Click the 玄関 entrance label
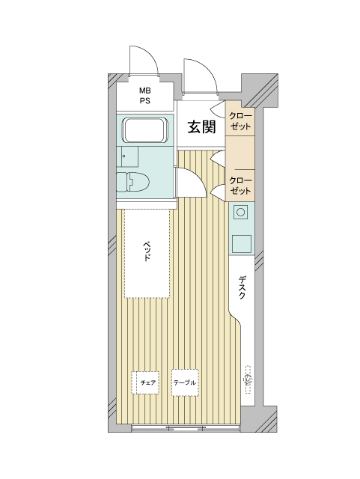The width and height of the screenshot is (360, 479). tap(201, 126)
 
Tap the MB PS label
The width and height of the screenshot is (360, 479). tap(145, 96)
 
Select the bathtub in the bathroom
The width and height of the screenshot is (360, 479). tap(144, 130)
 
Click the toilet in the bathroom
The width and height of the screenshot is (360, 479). tap(132, 182)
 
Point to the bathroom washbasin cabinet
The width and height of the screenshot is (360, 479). tap(127, 156)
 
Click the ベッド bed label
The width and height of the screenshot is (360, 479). tap(147, 251)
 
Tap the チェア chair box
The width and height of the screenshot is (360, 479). tap(145, 382)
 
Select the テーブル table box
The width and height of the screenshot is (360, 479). tap(185, 382)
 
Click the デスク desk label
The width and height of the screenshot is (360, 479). tap(242, 287)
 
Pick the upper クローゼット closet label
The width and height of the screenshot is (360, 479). tap(240, 121)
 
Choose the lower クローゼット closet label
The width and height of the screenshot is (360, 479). tap(240, 186)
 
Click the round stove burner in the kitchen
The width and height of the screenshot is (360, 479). tap(240, 212)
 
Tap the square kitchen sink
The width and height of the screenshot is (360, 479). tap(241, 244)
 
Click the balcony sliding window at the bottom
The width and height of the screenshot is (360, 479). tap(186, 427)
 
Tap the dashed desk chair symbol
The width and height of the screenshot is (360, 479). tap(248, 379)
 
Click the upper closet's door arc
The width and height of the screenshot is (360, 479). tap(219, 109)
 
